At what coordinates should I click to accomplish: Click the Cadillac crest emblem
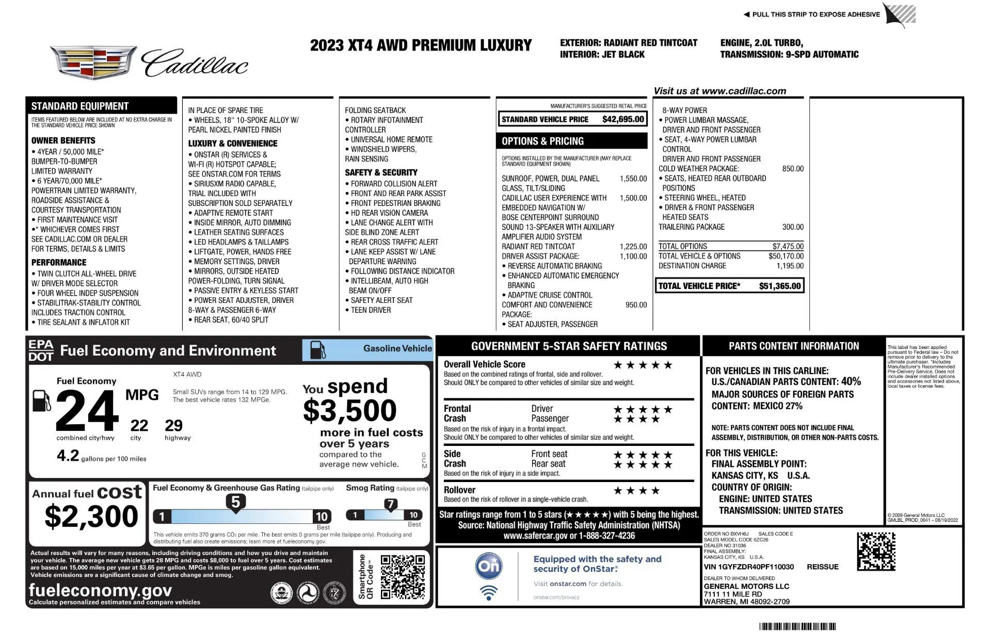[x=93, y=62]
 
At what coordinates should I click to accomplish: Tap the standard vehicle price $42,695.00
[x=623, y=119]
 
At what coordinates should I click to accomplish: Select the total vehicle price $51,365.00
[x=779, y=286]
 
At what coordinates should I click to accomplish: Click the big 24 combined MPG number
[x=87, y=411]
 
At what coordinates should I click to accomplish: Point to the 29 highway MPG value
[x=173, y=426]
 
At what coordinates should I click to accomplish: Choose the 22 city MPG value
[x=139, y=426]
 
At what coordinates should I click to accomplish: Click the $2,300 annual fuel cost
[x=91, y=517]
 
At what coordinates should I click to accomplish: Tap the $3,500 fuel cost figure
[x=349, y=411]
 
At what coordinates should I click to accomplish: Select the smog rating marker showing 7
[x=391, y=504]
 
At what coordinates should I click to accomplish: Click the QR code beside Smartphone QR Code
[x=403, y=576]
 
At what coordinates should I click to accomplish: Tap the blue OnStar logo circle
[x=488, y=566]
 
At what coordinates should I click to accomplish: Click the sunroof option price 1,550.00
[x=633, y=179]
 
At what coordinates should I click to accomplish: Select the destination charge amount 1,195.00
[x=790, y=266]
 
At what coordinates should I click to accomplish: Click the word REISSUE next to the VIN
[x=822, y=567]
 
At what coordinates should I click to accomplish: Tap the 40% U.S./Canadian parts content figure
[x=851, y=381]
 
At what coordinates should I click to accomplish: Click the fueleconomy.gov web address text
[x=100, y=590]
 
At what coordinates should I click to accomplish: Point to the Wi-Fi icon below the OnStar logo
[x=488, y=592]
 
